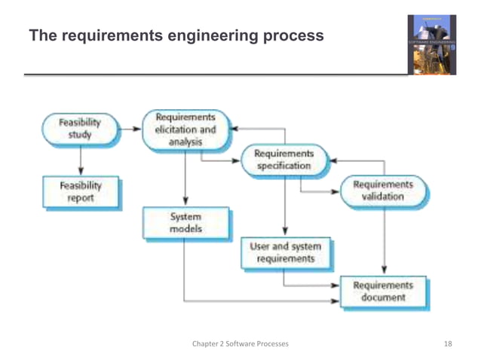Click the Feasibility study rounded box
[80, 129]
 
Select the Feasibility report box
[79, 191]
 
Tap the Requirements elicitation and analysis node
[185, 129]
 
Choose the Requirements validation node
[382, 191]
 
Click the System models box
[185, 222]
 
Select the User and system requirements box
[284, 252]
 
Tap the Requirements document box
[383, 291]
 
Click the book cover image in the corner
[432, 44]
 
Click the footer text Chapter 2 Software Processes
[240, 344]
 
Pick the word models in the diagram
[185, 229]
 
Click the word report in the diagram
[79, 198]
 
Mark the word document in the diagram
[383, 297]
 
